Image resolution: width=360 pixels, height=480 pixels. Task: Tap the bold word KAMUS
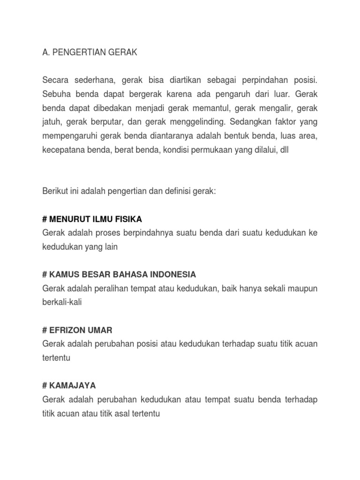(63, 274)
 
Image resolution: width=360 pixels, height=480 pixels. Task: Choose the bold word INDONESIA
(172, 274)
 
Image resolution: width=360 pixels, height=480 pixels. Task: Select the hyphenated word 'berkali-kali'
(62, 302)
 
